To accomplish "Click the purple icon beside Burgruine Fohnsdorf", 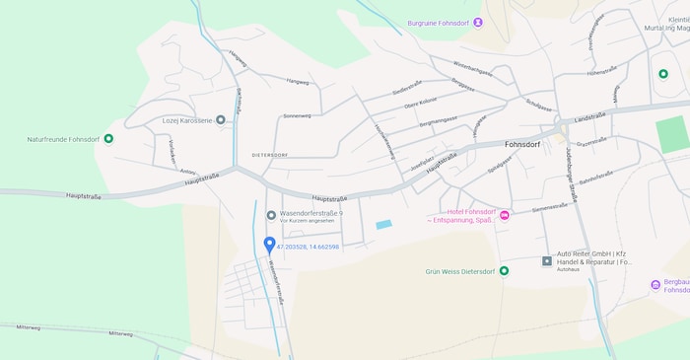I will pos(478,22).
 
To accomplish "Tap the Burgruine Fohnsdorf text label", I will pos(439,22).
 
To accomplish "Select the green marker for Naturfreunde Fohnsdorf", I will pos(108,138).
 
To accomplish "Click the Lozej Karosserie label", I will pos(187,120).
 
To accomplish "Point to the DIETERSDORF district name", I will pos(270,156).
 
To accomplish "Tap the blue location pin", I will pos(269,245).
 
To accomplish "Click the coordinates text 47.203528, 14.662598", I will pos(308,247).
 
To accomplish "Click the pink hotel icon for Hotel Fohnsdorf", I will pos(505,215).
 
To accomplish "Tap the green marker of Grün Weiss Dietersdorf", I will pos(504,270).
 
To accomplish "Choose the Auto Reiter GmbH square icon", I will pos(547,260).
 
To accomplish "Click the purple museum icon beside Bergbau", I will pos(655,284).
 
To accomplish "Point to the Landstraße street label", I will pos(588,117).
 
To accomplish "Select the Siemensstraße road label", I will pos(550,208).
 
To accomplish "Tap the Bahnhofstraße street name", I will pos(595,178).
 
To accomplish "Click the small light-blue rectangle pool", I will pos(383,225).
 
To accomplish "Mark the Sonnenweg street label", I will pos(297,115).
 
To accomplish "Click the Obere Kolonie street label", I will pos(421,103).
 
